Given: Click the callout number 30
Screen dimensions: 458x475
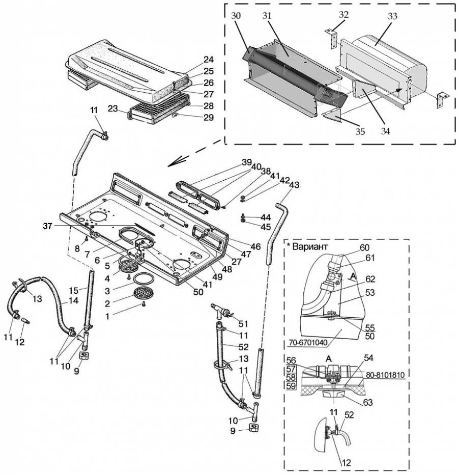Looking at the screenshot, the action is coord(236,15).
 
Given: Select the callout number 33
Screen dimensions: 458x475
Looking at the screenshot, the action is coord(392,16).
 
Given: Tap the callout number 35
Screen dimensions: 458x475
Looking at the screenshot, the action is coord(360,132).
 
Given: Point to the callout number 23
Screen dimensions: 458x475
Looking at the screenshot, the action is coord(112,108).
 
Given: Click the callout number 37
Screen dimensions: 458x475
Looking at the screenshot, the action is coord(47,226).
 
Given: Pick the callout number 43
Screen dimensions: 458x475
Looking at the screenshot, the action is coord(294,184).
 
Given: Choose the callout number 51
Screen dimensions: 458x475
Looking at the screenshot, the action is coord(243,324).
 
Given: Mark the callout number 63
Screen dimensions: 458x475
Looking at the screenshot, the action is coord(368,402).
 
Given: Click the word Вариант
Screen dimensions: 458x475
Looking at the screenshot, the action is coord(310,246).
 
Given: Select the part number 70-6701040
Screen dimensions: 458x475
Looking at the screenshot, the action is coord(308,343).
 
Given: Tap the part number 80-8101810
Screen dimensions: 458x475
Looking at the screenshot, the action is coord(385,375).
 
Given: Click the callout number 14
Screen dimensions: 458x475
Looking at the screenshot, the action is coord(73,300).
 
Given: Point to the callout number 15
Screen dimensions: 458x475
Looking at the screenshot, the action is coord(73,291).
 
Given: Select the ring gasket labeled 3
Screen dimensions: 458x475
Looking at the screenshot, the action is coord(143,278).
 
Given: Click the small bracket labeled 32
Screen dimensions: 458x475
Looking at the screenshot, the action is coord(331,38).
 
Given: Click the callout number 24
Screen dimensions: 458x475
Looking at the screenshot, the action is coord(208,60).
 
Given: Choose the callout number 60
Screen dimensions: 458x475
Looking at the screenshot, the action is coord(364,247).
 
